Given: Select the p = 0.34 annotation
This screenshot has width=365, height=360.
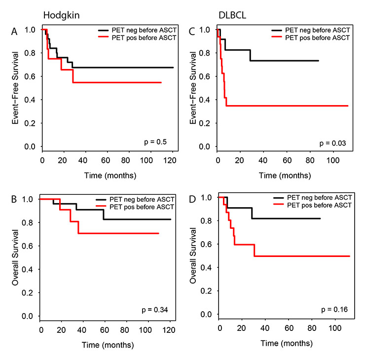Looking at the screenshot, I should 154,309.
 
